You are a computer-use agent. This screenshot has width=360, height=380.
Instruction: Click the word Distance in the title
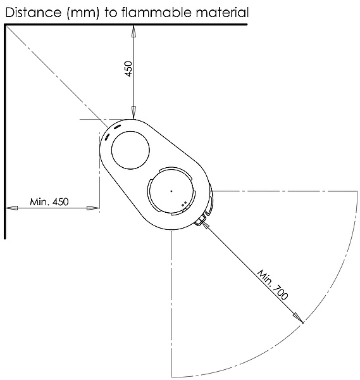pos(33,12)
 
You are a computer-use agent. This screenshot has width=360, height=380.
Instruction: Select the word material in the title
pos(222,12)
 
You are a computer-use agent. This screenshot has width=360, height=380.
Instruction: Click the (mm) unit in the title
pos(83,13)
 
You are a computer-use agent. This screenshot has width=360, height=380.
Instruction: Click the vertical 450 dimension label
pos(129,68)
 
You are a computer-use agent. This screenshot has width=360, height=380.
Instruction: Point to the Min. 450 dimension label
pos(49,201)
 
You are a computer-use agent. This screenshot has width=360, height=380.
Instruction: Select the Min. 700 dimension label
pos(273,284)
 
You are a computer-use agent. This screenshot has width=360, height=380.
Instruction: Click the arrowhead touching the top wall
pos(133,31)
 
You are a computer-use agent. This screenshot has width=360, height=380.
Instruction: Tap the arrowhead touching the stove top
pos(133,113)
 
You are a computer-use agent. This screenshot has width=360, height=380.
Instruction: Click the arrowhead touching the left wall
pos(11,208)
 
